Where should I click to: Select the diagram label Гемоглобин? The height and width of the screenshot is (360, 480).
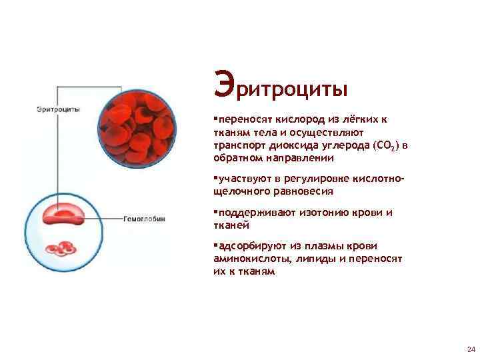point(144,218)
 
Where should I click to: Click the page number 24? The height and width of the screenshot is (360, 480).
point(471,349)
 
